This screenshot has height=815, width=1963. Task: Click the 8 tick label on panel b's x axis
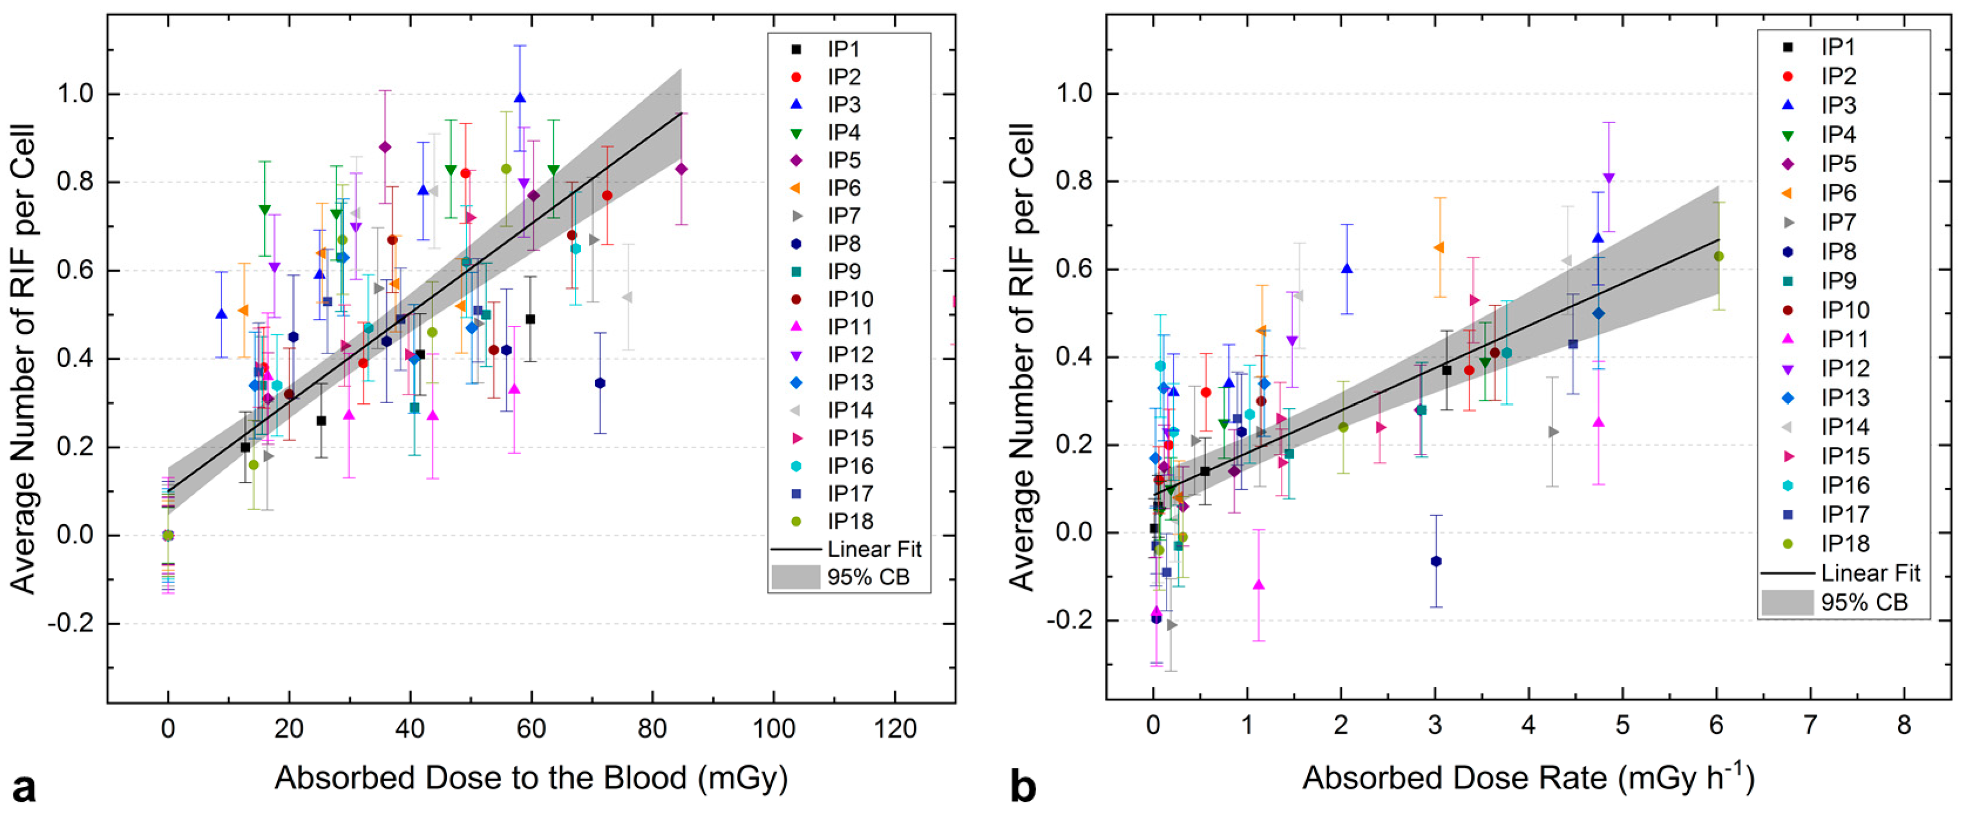1903,726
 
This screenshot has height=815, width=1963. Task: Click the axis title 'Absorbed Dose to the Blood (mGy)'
531,778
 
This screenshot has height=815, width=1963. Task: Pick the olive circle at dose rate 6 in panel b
1718,256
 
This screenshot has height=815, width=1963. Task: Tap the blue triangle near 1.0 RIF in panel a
520,97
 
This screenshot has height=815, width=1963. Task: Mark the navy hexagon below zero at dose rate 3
1436,561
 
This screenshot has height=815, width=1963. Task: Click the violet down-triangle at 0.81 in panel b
1608,178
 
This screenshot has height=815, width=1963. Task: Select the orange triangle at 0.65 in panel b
1439,247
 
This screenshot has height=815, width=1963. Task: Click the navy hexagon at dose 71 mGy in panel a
600,383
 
